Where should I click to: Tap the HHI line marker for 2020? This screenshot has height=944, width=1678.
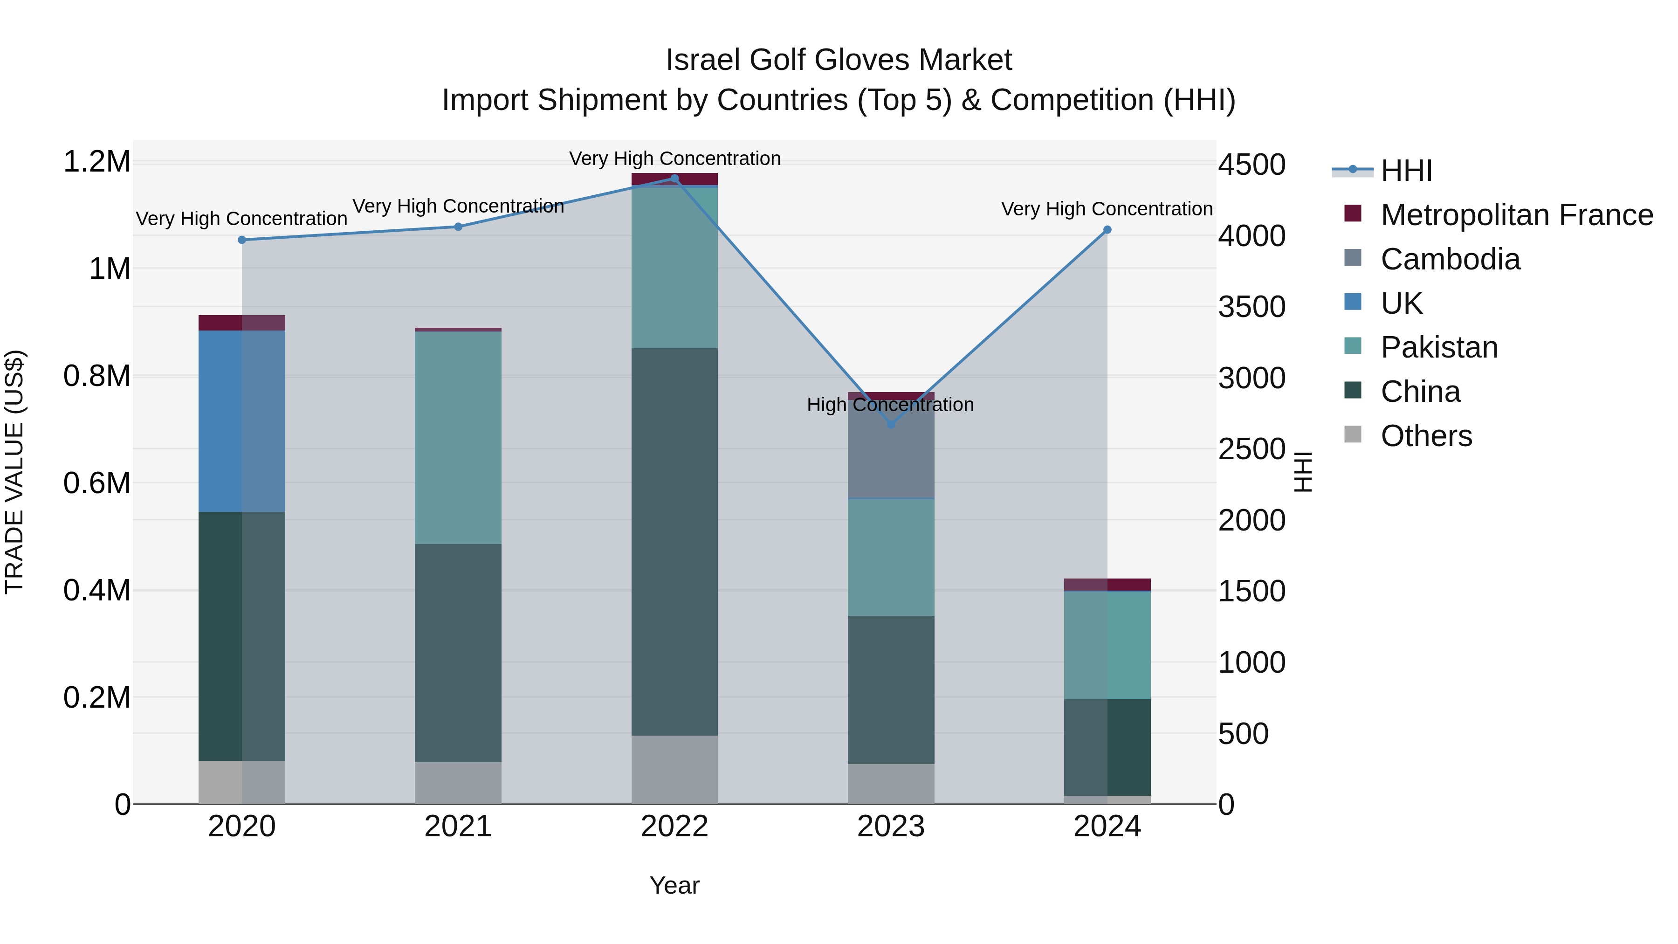coord(241,240)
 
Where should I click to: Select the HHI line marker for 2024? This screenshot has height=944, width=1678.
coord(1107,230)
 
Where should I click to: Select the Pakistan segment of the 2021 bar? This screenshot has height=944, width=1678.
coord(458,438)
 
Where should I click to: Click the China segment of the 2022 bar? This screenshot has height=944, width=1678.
coord(674,541)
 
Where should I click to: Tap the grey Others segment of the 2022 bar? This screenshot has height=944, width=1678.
coord(674,769)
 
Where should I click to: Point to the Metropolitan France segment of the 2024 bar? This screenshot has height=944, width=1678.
coord(1107,585)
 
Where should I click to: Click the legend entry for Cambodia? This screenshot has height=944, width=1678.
coord(1450,259)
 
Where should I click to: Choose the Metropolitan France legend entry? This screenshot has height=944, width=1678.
coord(1516,215)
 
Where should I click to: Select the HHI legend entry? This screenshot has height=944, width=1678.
coord(1406,171)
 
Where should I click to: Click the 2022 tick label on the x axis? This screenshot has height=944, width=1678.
coord(674,827)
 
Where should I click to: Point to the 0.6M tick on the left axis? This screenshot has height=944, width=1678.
coord(97,483)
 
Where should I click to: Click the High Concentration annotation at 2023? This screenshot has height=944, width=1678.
coord(890,405)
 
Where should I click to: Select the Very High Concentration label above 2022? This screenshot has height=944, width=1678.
coord(674,158)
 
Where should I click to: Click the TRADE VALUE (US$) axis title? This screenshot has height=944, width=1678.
coord(15,472)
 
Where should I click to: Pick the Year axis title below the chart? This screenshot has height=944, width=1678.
coord(674,885)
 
